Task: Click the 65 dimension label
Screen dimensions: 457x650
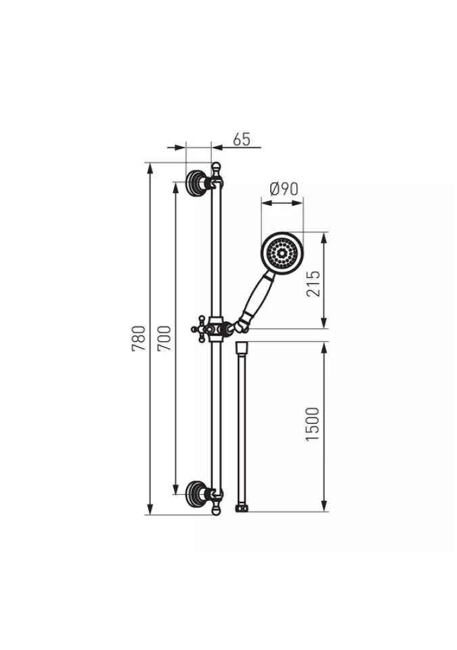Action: pyautogui.click(x=242, y=139)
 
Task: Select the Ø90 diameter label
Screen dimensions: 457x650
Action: pyautogui.click(x=284, y=189)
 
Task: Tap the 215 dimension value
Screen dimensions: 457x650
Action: pyautogui.click(x=313, y=283)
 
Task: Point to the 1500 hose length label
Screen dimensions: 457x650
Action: pyautogui.click(x=313, y=424)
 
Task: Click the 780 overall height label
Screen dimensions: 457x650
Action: pyautogui.click(x=139, y=339)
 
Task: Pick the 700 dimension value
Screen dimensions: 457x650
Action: pyautogui.click(x=165, y=338)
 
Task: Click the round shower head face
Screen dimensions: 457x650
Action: pyautogui.click(x=282, y=253)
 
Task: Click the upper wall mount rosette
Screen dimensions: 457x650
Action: pyautogui.click(x=194, y=182)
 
